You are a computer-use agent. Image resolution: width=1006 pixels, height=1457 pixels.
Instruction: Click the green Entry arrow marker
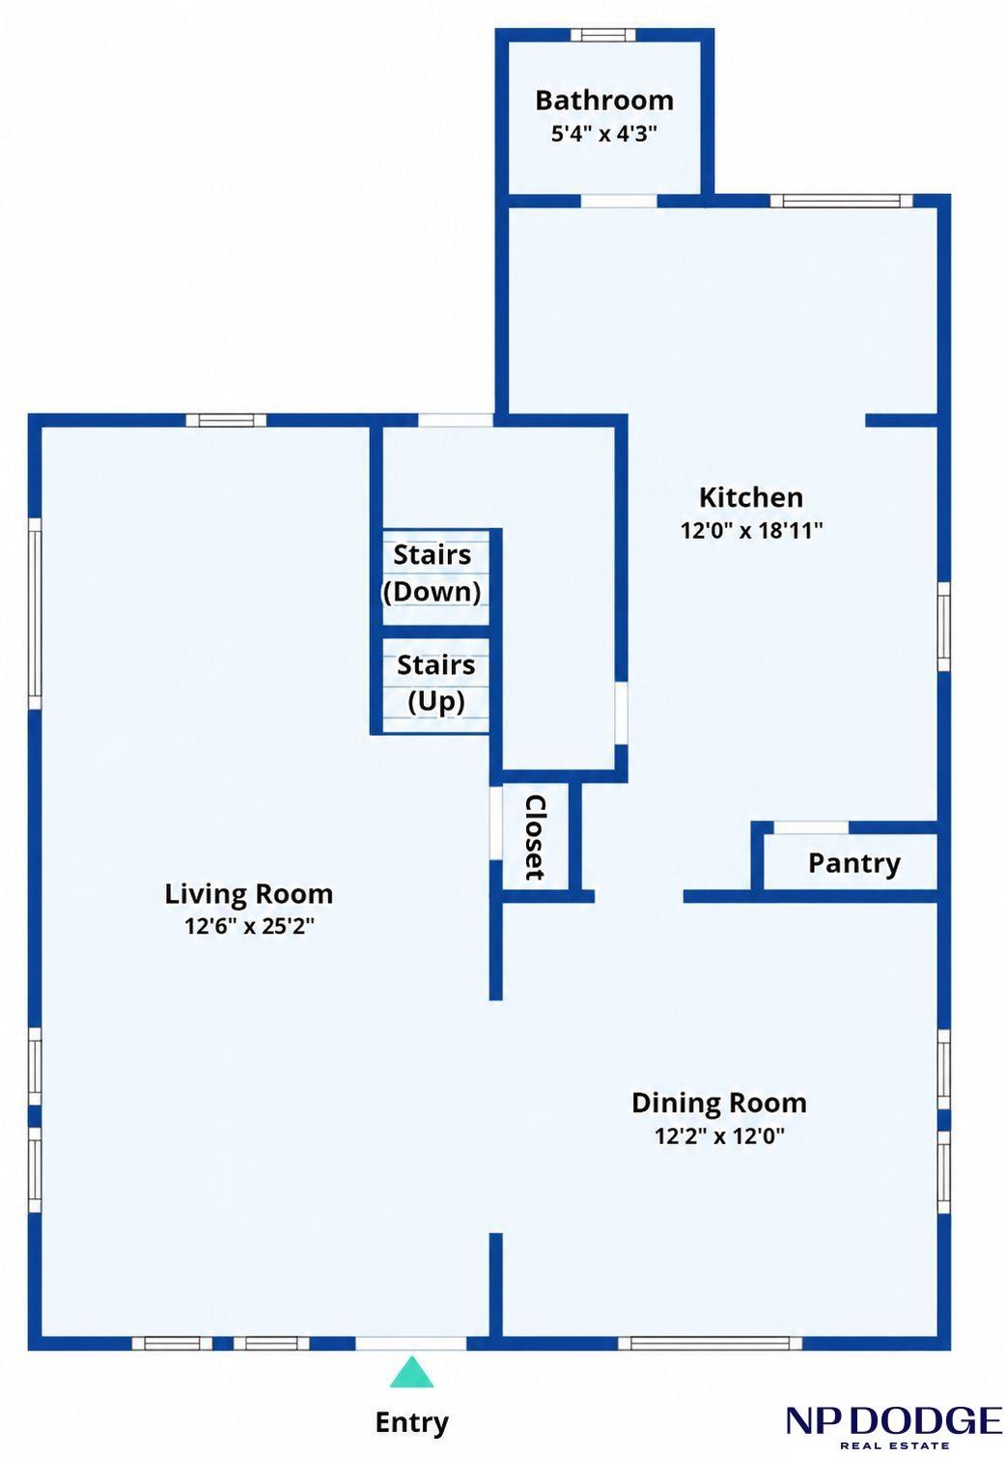click(x=411, y=1372)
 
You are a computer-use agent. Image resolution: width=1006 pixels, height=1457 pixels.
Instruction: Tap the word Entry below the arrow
click(x=411, y=1422)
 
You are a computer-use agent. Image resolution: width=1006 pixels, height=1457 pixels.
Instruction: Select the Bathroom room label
click(x=604, y=100)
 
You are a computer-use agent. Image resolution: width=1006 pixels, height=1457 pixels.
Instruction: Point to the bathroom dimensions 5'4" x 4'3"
click(x=604, y=134)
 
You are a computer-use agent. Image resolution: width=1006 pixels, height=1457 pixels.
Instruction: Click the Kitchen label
click(x=751, y=497)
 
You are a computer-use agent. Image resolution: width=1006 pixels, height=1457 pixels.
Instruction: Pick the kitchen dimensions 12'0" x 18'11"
click(x=752, y=531)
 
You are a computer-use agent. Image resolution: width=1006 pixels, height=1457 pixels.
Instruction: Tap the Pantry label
click(x=853, y=864)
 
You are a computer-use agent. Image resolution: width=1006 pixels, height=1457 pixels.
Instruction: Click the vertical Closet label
click(x=535, y=838)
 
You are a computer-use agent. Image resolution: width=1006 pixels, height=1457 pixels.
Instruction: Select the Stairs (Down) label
click(x=433, y=574)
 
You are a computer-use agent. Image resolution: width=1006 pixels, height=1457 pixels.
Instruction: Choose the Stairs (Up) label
click(x=435, y=684)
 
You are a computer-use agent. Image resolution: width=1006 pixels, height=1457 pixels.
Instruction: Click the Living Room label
click(x=248, y=894)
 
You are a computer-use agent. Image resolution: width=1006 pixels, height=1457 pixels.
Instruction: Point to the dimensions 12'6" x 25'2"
click(x=249, y=926)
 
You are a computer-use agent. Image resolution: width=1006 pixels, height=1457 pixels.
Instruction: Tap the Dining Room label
click(x=719, y=1104)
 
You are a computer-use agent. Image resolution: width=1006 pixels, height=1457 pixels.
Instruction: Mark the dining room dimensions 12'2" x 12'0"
click(x=720, y=1135)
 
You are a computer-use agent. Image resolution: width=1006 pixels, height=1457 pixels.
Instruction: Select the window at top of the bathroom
click(x=599, y=35)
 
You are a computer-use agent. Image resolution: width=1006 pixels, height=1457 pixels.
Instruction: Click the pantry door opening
click(x=811, y=827)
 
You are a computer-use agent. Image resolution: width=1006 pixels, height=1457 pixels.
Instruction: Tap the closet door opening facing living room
click(x=495, y=824)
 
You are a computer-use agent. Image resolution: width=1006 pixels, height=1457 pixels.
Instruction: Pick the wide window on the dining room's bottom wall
click(x=711, y=1343)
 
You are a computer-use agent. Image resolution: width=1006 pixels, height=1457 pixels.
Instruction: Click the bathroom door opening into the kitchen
click(x=619, y=201)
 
